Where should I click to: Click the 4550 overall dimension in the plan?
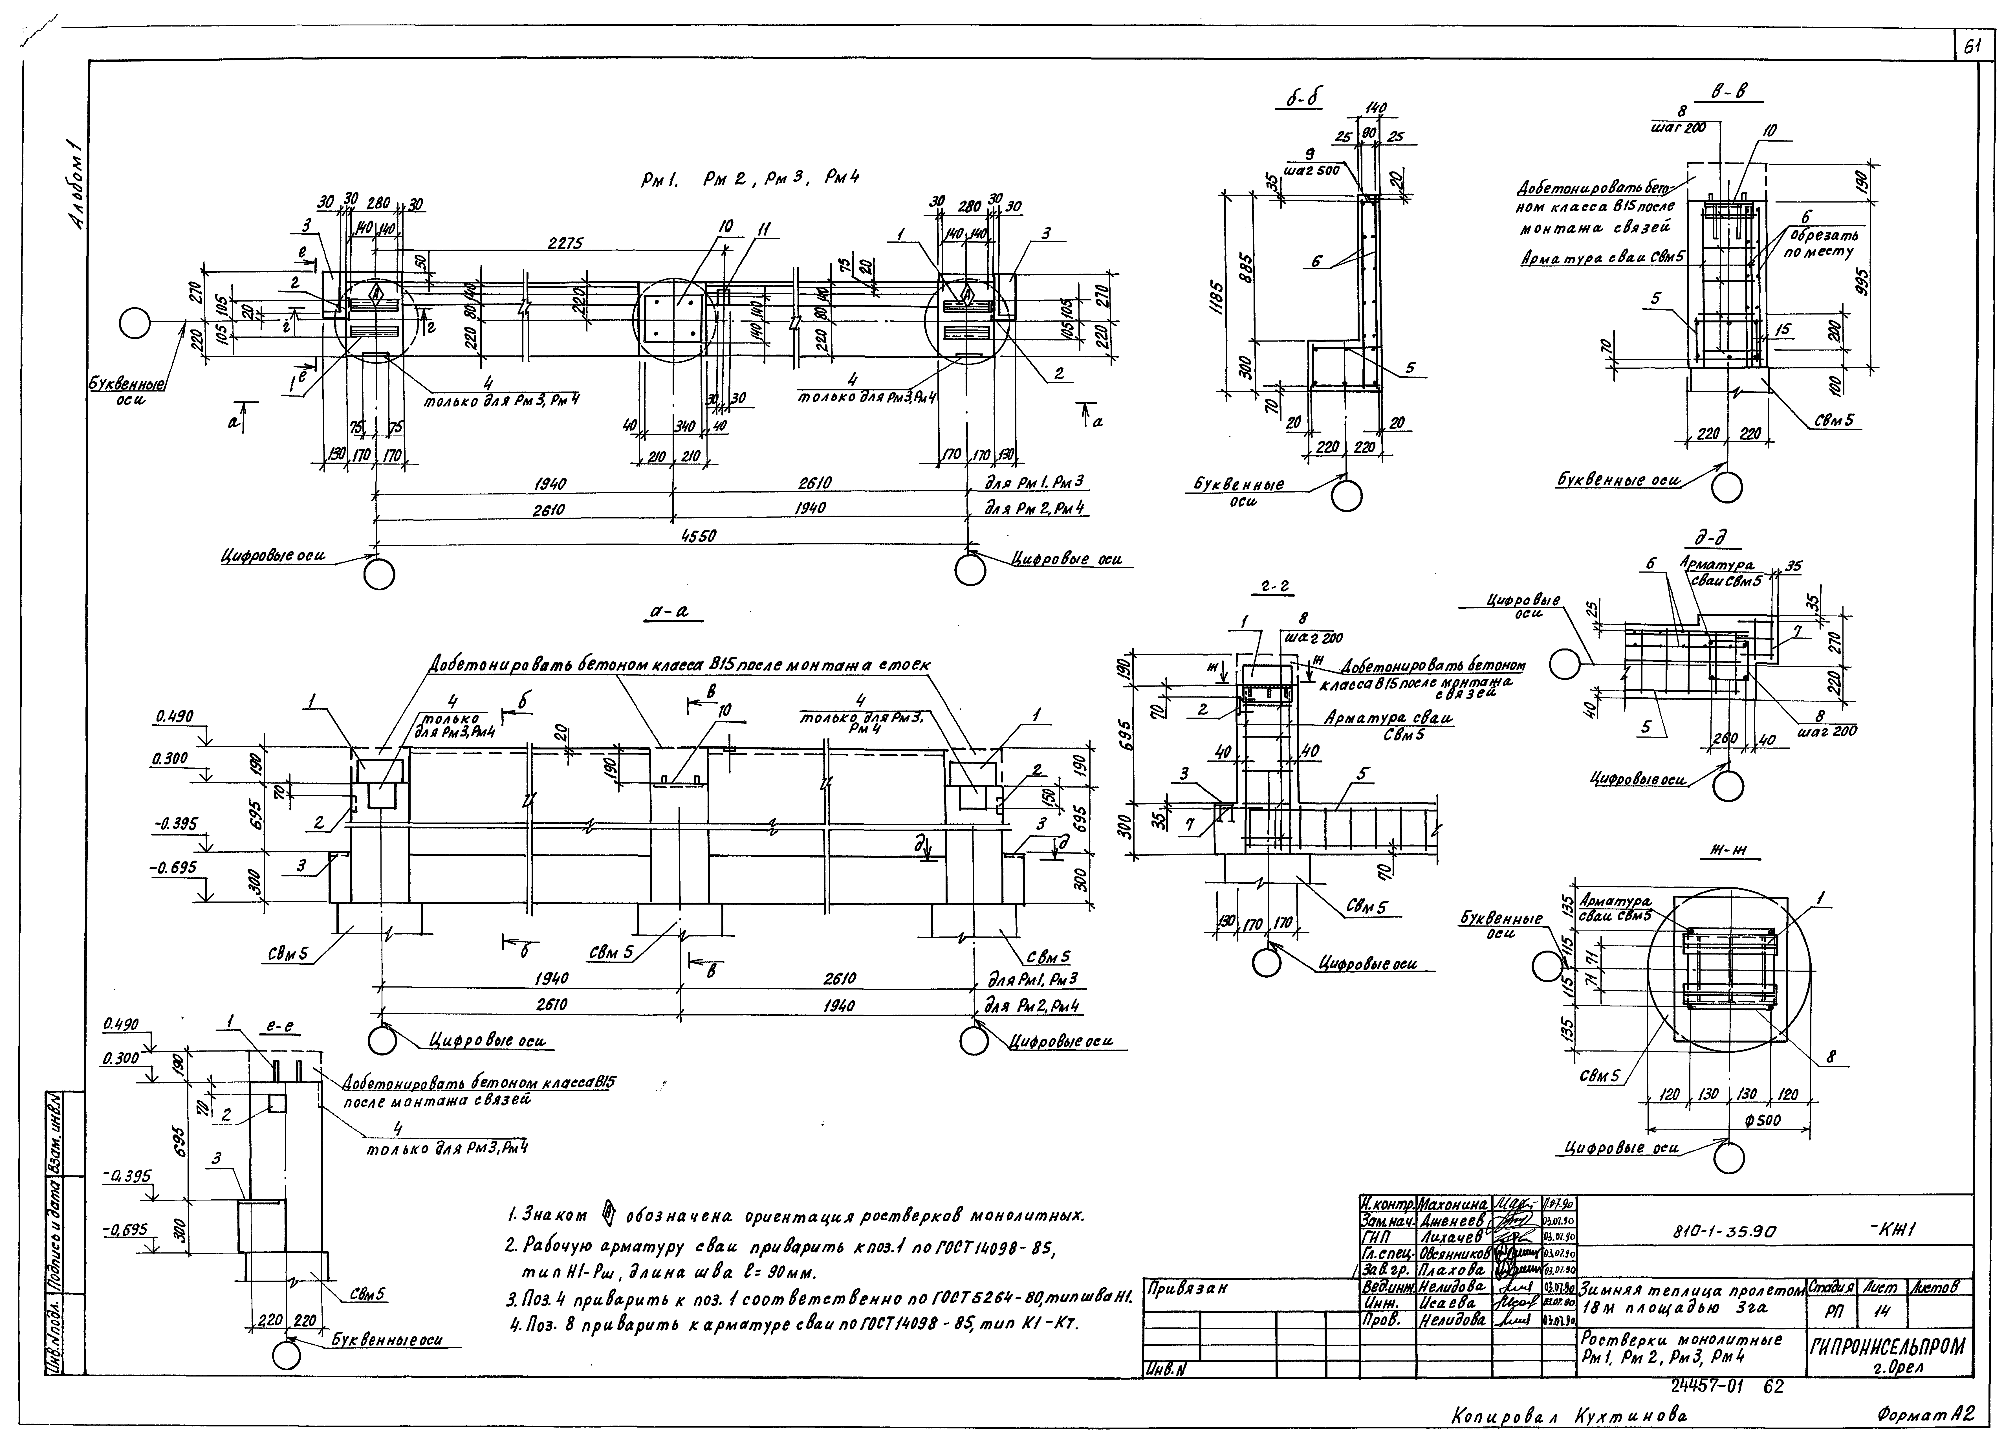(698, 536)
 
